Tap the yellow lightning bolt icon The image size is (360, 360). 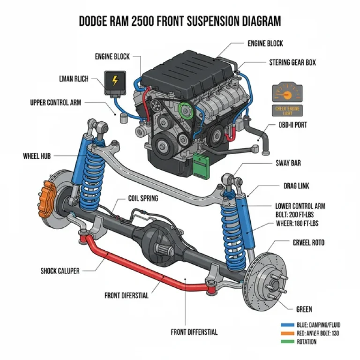114,81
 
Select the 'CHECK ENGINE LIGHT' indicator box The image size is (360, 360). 287,111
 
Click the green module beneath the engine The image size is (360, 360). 202,165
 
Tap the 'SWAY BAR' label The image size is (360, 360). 288,163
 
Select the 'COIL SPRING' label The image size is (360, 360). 143,198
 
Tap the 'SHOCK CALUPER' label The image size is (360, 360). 60,270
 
